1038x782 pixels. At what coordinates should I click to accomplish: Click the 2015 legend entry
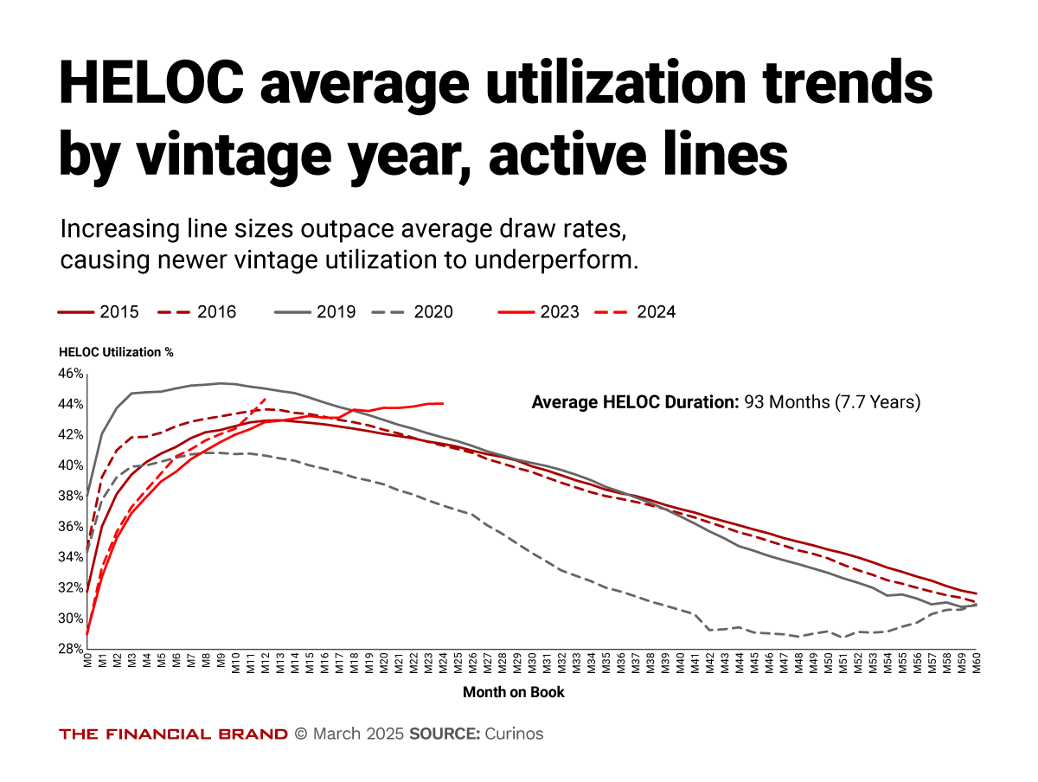(x=98, y=312)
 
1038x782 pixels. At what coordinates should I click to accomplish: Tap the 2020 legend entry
(x=413, y=312)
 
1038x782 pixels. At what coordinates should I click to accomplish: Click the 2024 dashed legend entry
(x=638, y=312)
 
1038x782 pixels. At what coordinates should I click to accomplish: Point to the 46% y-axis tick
(x=70, y=374)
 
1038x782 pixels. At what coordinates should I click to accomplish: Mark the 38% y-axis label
(x=70, y=496)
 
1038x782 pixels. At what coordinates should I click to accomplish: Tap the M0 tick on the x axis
(x=87, y=663)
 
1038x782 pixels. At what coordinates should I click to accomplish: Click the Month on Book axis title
(x=513, y=692)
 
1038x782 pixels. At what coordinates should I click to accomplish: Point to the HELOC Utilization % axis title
(x=116, y=353)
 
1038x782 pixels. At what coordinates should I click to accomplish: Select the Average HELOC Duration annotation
(x=726, y=402)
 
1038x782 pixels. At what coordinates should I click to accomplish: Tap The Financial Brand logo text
(x=173, y=734)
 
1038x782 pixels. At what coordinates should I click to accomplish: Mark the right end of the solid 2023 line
(x=443, y=403)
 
